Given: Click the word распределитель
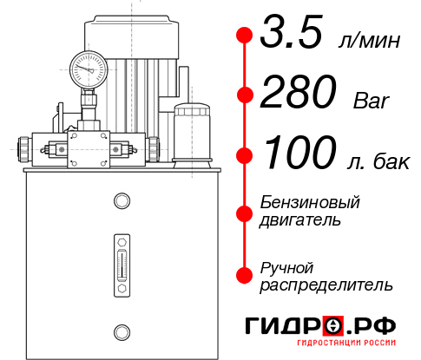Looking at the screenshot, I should tap(326, 284).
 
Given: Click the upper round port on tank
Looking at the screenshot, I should tap(122, 201).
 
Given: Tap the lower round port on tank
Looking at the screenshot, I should tap(122, 330).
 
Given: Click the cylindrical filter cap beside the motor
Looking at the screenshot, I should tap(192, 130).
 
